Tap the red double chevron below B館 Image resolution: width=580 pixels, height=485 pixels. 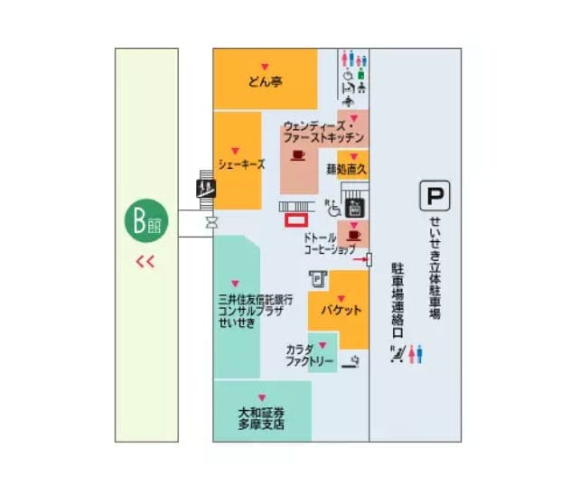click(x=145, y=263)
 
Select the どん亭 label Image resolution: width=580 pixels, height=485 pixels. click(x=266, y=82)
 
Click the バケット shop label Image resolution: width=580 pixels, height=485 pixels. click(x=340, y=310)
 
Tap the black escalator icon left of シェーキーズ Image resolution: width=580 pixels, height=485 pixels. click(x=207, y=188)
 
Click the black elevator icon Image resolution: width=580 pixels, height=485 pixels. click(x=355, y=207)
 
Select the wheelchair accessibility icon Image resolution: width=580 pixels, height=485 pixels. click(x=334, y=208)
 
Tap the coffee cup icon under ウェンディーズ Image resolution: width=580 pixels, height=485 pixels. click(x=298, y=154)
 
